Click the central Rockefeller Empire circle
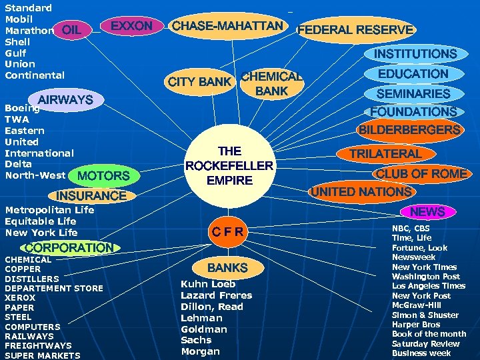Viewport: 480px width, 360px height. point(229,165)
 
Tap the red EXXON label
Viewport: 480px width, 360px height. point(131,27)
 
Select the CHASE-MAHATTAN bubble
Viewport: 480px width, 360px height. point(227,26)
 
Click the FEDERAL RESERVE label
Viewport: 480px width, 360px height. point(355,30)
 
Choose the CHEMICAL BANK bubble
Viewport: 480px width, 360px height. point(271,83)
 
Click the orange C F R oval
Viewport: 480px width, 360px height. point(228,231)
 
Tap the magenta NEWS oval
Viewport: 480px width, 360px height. point(427,211)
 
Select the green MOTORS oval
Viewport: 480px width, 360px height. point(103,176)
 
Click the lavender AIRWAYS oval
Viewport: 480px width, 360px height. point(65,101)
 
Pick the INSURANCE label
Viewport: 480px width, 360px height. point(91,196)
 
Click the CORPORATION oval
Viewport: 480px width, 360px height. point(69,247)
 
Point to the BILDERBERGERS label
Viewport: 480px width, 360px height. point(409,130)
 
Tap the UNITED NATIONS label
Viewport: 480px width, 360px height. point(361,192)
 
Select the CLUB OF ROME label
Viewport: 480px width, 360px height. point(421,174)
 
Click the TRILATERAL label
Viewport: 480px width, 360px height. point(386,154)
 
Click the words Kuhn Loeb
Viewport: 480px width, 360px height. point(207,283)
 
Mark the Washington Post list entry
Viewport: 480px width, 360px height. point(425,277)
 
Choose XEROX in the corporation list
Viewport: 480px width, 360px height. point(20,298)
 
